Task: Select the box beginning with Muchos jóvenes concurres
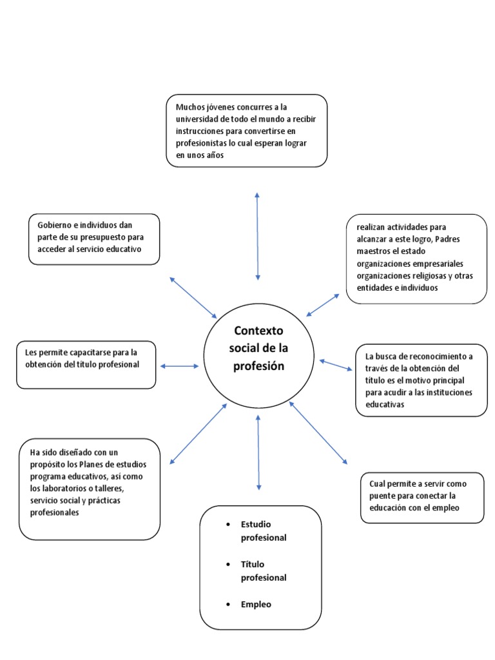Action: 246,131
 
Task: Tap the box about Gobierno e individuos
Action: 94,238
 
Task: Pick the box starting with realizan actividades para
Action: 416,258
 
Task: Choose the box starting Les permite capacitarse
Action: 86,364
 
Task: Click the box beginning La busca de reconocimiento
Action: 422,380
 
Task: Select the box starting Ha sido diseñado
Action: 89,489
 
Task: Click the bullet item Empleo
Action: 256,604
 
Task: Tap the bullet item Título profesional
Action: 264,570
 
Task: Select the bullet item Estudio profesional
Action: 264,530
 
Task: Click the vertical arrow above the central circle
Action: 257,235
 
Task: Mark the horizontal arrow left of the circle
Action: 180,366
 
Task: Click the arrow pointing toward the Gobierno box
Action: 193,297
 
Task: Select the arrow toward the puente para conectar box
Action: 318,432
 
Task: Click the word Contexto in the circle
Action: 258,331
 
